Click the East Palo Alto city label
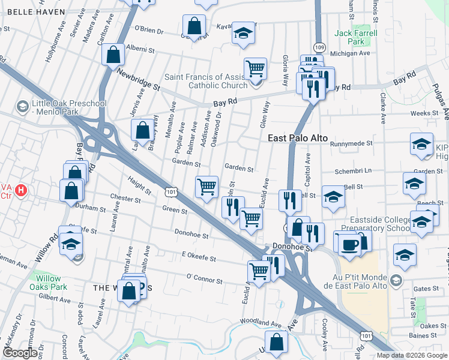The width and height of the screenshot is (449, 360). point(298,138)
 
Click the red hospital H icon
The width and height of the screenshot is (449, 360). point(21,192)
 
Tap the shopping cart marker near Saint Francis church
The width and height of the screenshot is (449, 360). point(256,68)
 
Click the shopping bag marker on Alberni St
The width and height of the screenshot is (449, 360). point(113,55)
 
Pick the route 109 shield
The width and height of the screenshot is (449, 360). point(319,47)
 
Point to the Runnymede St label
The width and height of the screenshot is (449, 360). point(352,144)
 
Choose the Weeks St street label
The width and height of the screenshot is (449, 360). point(425,113)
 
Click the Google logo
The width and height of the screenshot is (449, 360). point(20,352)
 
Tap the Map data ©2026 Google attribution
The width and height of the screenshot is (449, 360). point(411,355)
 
